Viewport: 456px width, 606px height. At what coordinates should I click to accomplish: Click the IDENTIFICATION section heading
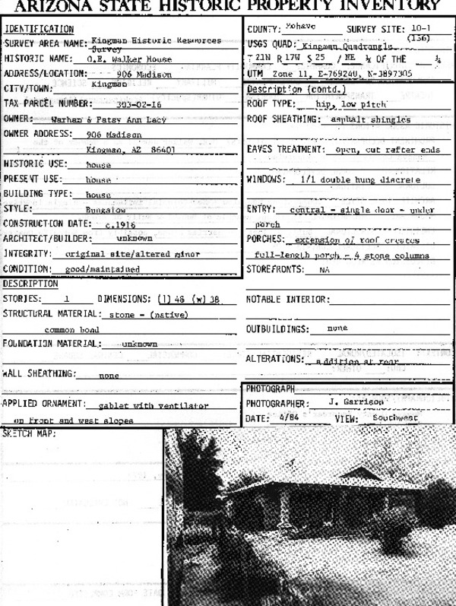pyautogui.click(x=39, y=29)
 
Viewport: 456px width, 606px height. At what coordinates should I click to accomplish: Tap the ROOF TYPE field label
pyautogui.click(x=271, y=103)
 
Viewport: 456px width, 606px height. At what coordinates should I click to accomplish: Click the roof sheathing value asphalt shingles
pyautogui.click(x=371, y=119)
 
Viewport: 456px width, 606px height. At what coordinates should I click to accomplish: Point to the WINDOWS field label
pyautogui.click(x=266, y=179)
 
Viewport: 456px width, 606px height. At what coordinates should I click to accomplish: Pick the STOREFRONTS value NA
pyautogui.click(x=325, y=269)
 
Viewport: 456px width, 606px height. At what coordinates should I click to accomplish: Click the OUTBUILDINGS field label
pyautogui.click(x=276, y=328)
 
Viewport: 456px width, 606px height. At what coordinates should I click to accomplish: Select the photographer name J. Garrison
pyautogui.click(x=356, y=402)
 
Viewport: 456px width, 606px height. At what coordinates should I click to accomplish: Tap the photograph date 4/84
pyautogui.click(x=289, y=417)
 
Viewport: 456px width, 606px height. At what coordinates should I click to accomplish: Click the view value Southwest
pyautogui.click(x=395, y=417)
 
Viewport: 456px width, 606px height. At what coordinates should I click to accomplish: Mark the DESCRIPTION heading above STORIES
pyautogui.click(x=30, y=284)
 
